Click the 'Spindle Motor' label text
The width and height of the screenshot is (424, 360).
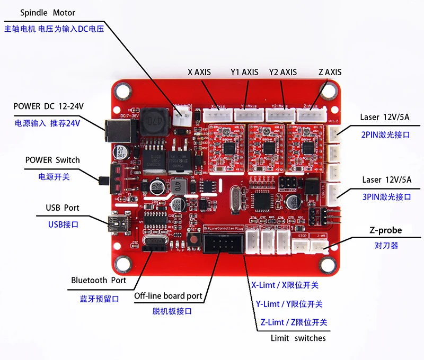47,12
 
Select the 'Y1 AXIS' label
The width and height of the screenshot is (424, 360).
244,72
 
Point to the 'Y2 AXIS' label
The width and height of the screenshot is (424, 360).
283,72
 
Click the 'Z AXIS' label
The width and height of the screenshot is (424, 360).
330,72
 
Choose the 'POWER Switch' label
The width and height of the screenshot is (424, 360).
52,160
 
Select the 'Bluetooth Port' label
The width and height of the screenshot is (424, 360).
99,280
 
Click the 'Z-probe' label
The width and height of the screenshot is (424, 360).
385,230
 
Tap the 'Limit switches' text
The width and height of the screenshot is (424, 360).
298,338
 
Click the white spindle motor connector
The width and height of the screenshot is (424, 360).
184,110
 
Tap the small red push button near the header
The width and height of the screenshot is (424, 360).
195,239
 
